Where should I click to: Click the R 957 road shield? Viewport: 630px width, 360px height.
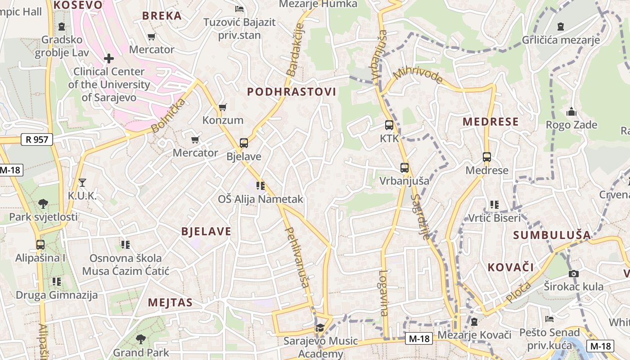[37, 139]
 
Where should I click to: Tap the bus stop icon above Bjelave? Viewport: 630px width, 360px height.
[243, 143]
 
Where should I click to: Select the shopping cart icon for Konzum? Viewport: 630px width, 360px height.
[222, 107]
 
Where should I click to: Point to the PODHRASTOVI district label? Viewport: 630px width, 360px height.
[292, 92]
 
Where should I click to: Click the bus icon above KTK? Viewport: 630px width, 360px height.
[389, 125]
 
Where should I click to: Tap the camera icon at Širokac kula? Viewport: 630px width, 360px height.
[573, 273]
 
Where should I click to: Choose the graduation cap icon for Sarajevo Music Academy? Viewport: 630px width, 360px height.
[320, 328]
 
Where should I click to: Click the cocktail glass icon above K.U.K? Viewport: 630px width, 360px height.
[82, 182]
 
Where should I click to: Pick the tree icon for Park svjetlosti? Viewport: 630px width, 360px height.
[43, 204]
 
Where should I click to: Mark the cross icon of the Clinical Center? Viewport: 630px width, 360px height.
[108, 58]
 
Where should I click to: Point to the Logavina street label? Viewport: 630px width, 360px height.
[383, 292]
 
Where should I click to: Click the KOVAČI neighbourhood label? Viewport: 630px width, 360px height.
[511, 267]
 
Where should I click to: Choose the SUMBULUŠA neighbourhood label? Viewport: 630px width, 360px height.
[552, 235]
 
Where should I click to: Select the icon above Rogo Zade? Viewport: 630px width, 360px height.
[571, 112]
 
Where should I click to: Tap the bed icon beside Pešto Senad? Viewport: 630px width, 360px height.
[549, 319]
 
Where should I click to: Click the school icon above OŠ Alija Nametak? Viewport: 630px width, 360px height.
[260, 185]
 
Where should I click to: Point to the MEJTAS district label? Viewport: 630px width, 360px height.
[170, 302]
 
